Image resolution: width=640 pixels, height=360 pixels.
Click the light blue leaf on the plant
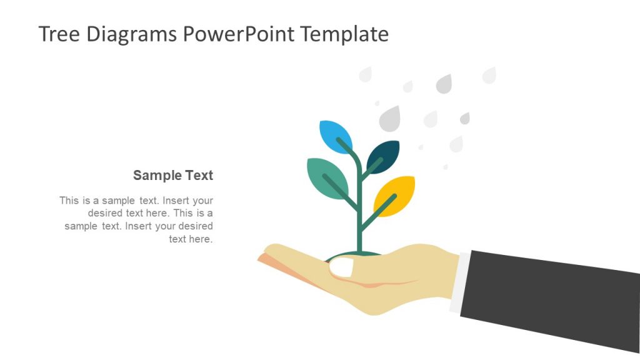[336, 136]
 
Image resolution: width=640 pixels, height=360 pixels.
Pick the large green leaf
[327, 178]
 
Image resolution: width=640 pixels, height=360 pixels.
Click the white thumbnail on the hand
[341, 267]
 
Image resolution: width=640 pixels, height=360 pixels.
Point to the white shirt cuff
[459, 283]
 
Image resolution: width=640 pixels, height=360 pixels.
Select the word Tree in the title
[59, 34]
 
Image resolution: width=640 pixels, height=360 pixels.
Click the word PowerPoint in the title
[238, 34]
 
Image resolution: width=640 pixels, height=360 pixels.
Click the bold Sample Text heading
[173, 176]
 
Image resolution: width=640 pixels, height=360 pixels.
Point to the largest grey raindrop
[390, 118]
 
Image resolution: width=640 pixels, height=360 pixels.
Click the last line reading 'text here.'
[191, 239]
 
